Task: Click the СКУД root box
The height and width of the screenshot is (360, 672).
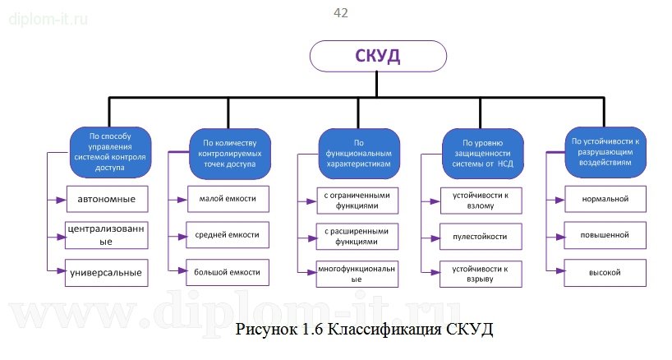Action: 378,58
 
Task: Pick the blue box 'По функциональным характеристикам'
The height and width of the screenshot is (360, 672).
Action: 358,153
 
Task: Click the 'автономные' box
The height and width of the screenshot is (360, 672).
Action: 107,199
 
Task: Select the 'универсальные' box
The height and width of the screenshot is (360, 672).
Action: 107,272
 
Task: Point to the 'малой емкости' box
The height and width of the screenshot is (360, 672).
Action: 228,199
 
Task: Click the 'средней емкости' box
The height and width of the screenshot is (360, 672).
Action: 228,235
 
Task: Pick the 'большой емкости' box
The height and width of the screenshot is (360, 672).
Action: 228,272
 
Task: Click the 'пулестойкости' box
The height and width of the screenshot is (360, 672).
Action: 480,237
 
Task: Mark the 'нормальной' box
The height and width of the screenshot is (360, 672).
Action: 605,199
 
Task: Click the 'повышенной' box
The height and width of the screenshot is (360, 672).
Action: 605,235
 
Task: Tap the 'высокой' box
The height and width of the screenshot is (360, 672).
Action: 605,272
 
